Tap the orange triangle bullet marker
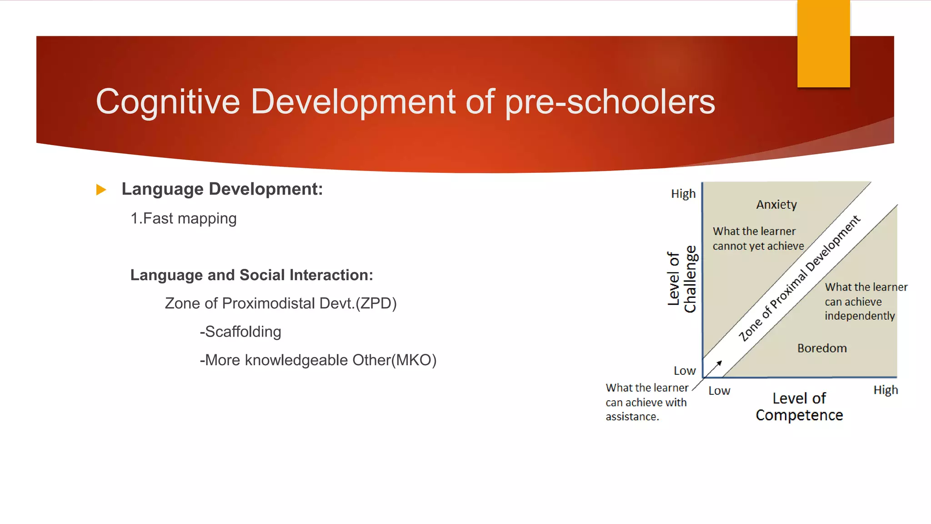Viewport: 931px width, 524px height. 101,190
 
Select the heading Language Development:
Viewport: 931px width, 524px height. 222,189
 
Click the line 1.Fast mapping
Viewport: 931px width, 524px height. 184,219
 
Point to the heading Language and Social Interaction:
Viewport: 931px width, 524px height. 251,275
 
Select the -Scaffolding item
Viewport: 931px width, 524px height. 240,332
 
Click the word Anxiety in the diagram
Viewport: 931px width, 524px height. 776,205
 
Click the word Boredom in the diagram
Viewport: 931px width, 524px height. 822,348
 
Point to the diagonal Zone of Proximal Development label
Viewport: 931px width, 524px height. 799,278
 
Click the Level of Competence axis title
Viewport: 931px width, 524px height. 799,407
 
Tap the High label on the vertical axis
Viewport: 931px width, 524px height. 683,194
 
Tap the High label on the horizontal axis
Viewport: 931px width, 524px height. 886,390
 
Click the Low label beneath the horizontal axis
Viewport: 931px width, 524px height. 719,391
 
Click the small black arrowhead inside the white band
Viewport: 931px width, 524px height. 719,363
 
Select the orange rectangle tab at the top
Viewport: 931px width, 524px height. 823,44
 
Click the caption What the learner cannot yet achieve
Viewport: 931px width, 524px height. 758,239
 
